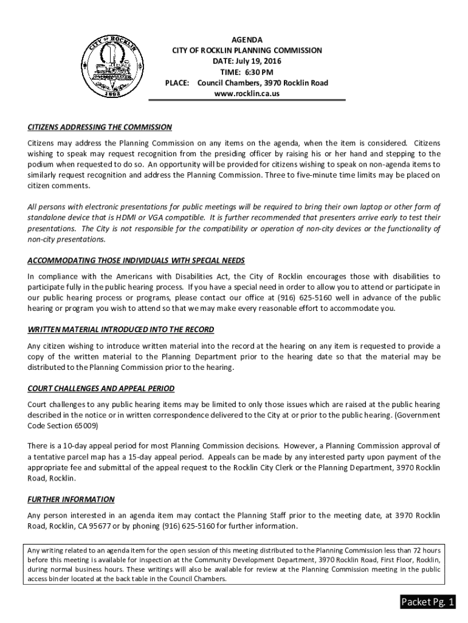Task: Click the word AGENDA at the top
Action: [x=247, y=40]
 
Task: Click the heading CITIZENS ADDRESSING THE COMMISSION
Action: [x=100, y=127]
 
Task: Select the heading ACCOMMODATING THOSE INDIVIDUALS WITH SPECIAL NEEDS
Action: [x=136, y=261]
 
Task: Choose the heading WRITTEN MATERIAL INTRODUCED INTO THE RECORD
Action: [x=120, y=330]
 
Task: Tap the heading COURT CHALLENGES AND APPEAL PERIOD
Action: [x=101, y=388]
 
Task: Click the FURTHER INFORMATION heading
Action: [x=71, y=499]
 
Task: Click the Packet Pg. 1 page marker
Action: [x=427, y=602]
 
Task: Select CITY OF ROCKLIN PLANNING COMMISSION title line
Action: [x=247, y=50]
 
